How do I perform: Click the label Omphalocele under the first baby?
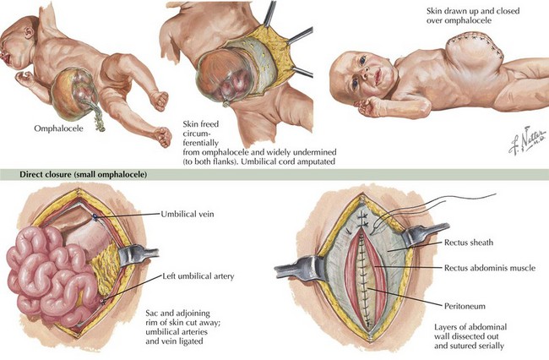(x=57, y=129)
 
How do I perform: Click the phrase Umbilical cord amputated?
(x=265, y=161)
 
